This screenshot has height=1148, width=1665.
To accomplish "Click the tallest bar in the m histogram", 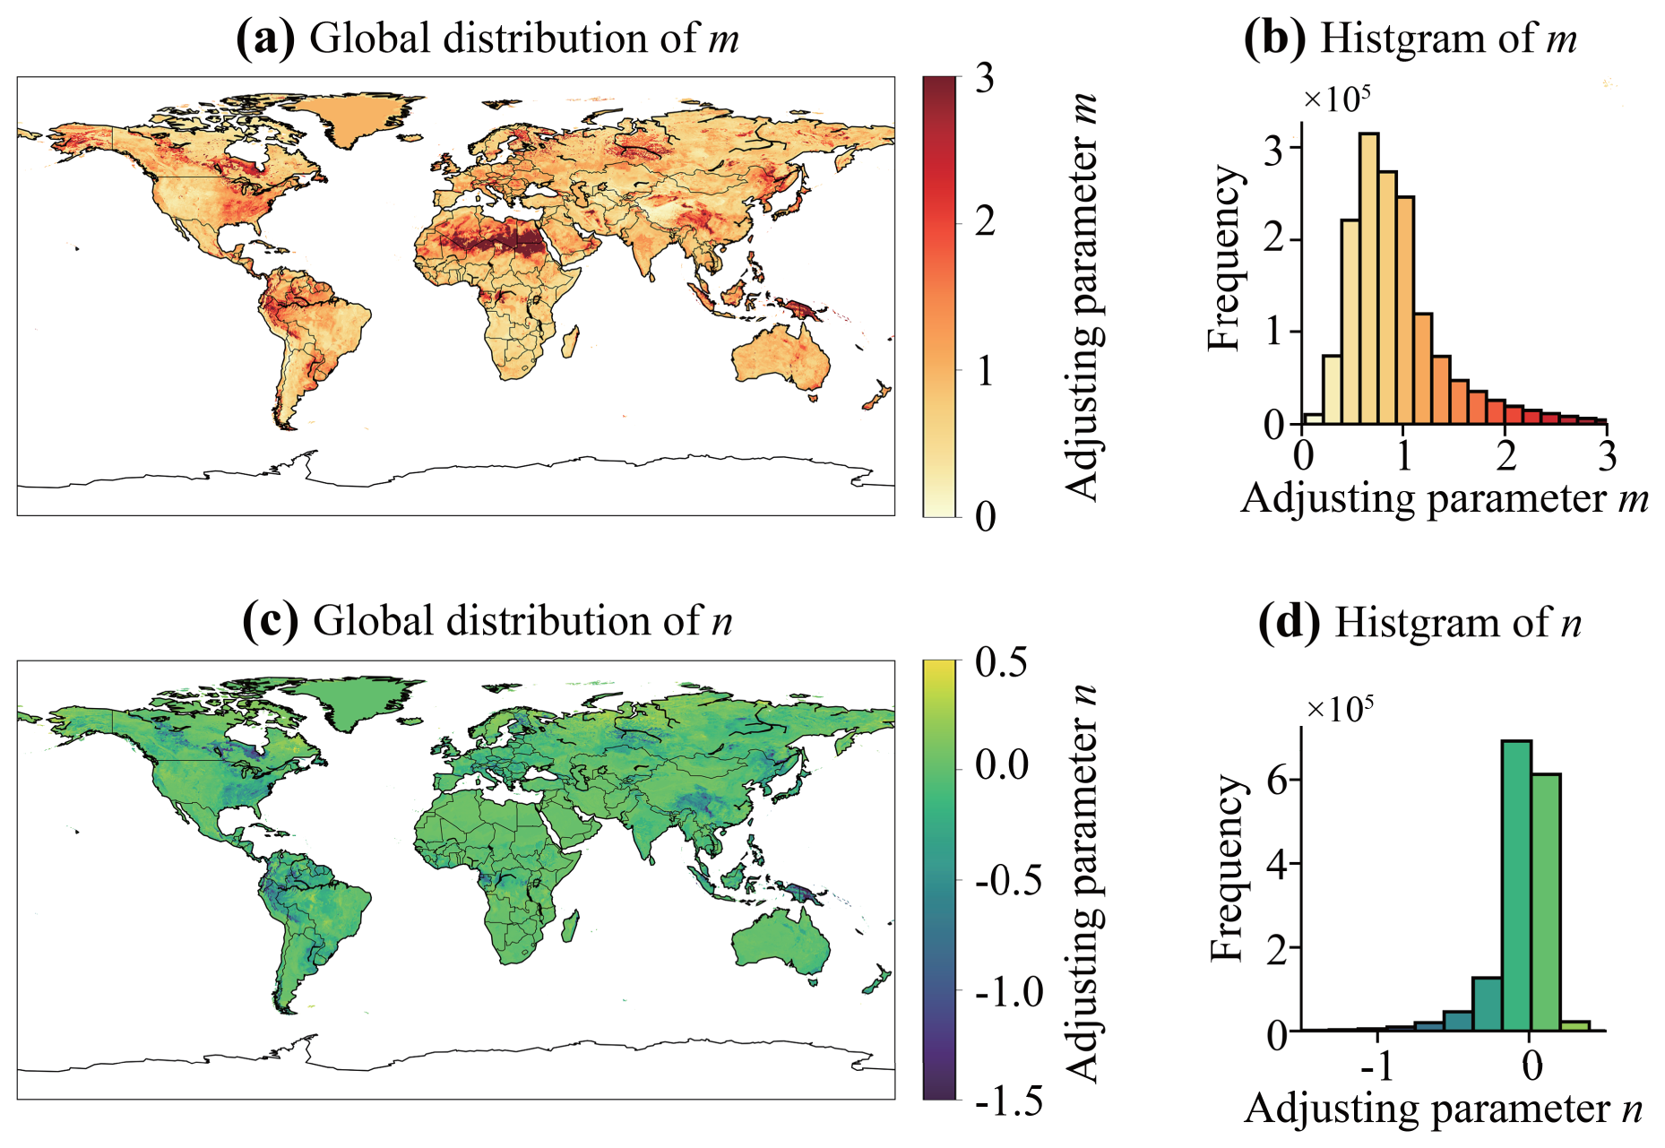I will click(1368, 278).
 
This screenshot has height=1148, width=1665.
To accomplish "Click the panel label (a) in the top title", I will click(265, 39).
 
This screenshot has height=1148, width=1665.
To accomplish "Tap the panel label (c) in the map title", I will click(271, 621).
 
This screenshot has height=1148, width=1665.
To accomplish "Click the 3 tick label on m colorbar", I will click(986, 79).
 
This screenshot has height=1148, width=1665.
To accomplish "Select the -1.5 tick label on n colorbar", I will click(1009, 1101).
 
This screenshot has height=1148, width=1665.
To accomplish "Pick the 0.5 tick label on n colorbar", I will click(1001, 663).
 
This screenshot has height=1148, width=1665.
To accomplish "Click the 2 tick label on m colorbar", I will click(986, 221).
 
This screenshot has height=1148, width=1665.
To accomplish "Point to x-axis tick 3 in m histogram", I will click(1607, 457).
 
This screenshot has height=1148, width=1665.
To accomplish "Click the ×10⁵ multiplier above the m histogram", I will click(1336, 99).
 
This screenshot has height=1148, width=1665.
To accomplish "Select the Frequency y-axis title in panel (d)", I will click(1227, 869).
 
